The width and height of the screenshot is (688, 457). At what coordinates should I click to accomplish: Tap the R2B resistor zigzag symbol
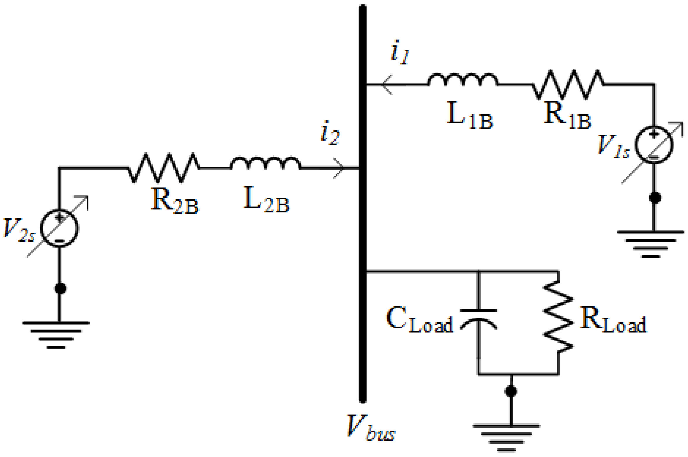[x=164, y=168]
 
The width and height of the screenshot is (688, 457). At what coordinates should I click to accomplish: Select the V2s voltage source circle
[x=59, y=228]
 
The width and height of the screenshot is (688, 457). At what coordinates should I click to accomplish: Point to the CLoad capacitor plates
[x=479, y=318]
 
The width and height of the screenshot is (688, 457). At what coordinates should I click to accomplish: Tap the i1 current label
[x=400, y=53]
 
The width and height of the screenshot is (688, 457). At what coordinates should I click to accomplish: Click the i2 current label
[x=330, y=133]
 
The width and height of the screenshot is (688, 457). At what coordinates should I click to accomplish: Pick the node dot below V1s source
[x=655, y=197]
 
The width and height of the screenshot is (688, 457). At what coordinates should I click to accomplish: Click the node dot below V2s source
[x=60, y=288]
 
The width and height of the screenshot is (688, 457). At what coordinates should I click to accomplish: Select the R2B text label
[x=175, y=201]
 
